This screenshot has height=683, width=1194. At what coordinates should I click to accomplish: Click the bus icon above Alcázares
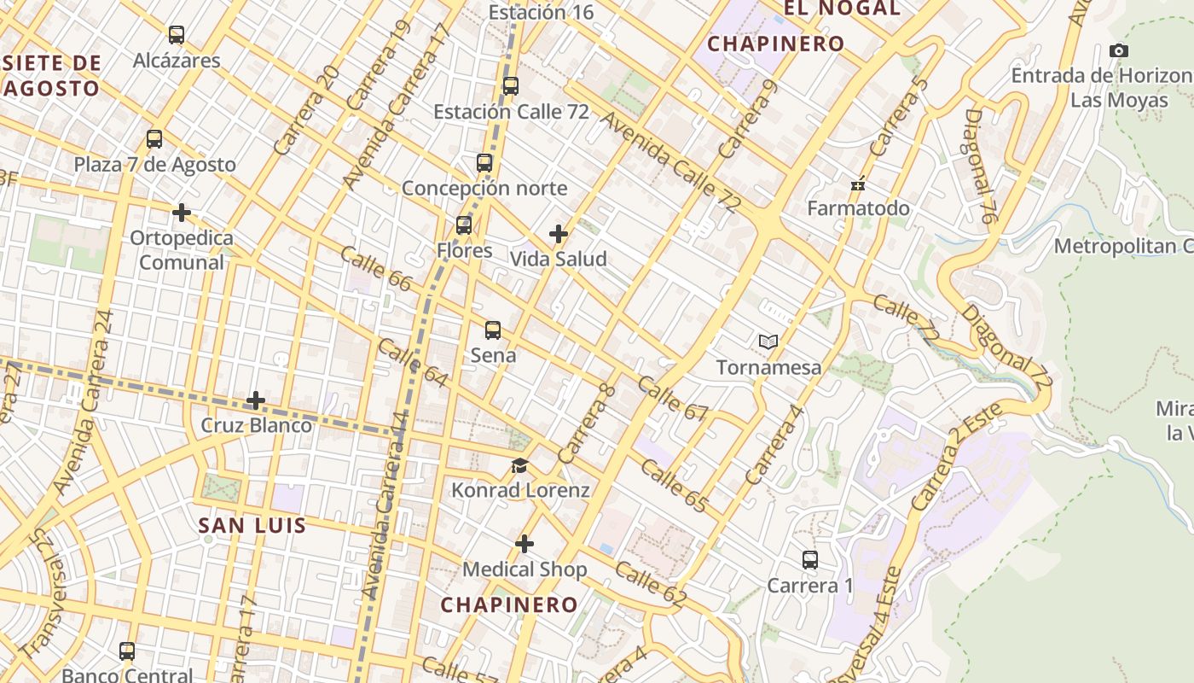click(x=177, y=35)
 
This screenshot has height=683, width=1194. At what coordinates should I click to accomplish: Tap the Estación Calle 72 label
click(x=511, y=112)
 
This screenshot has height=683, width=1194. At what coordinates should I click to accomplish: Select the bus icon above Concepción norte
click(x=484, y=162)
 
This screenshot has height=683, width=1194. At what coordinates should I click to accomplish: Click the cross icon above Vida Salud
click(x=559, y=234)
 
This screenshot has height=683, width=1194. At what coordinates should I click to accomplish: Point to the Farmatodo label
click(x=858, y=208)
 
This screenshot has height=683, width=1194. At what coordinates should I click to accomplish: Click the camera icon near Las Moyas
click(x=1119, y=51)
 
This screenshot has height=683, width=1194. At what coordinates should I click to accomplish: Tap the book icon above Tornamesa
click(x=768, y=342)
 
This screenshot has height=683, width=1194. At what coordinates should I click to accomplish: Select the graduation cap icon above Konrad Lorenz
click(x=519, y=465)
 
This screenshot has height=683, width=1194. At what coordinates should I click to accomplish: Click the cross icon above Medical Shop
click(x=525, y=544)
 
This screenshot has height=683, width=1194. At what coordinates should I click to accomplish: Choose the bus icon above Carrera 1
click(x=810, y=560)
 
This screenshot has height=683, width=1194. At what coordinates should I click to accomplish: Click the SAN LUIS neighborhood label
click(x=252, y=525)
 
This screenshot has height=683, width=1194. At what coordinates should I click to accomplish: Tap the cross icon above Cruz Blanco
click(x=256, y=400)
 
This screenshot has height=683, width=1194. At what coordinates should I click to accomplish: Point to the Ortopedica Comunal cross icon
click(x=182, y=212)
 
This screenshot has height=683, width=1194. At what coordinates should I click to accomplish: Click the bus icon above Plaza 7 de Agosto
click(x=154, y=139)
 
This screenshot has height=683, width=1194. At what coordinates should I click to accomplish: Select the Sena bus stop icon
click(x=493, y=330)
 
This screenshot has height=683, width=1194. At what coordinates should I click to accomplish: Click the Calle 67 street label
click(x=672, y=399)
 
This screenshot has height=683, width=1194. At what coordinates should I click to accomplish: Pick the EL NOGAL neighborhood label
click(x=842, y=9)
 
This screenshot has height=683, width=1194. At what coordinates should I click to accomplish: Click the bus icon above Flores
click(x=464, y=225)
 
